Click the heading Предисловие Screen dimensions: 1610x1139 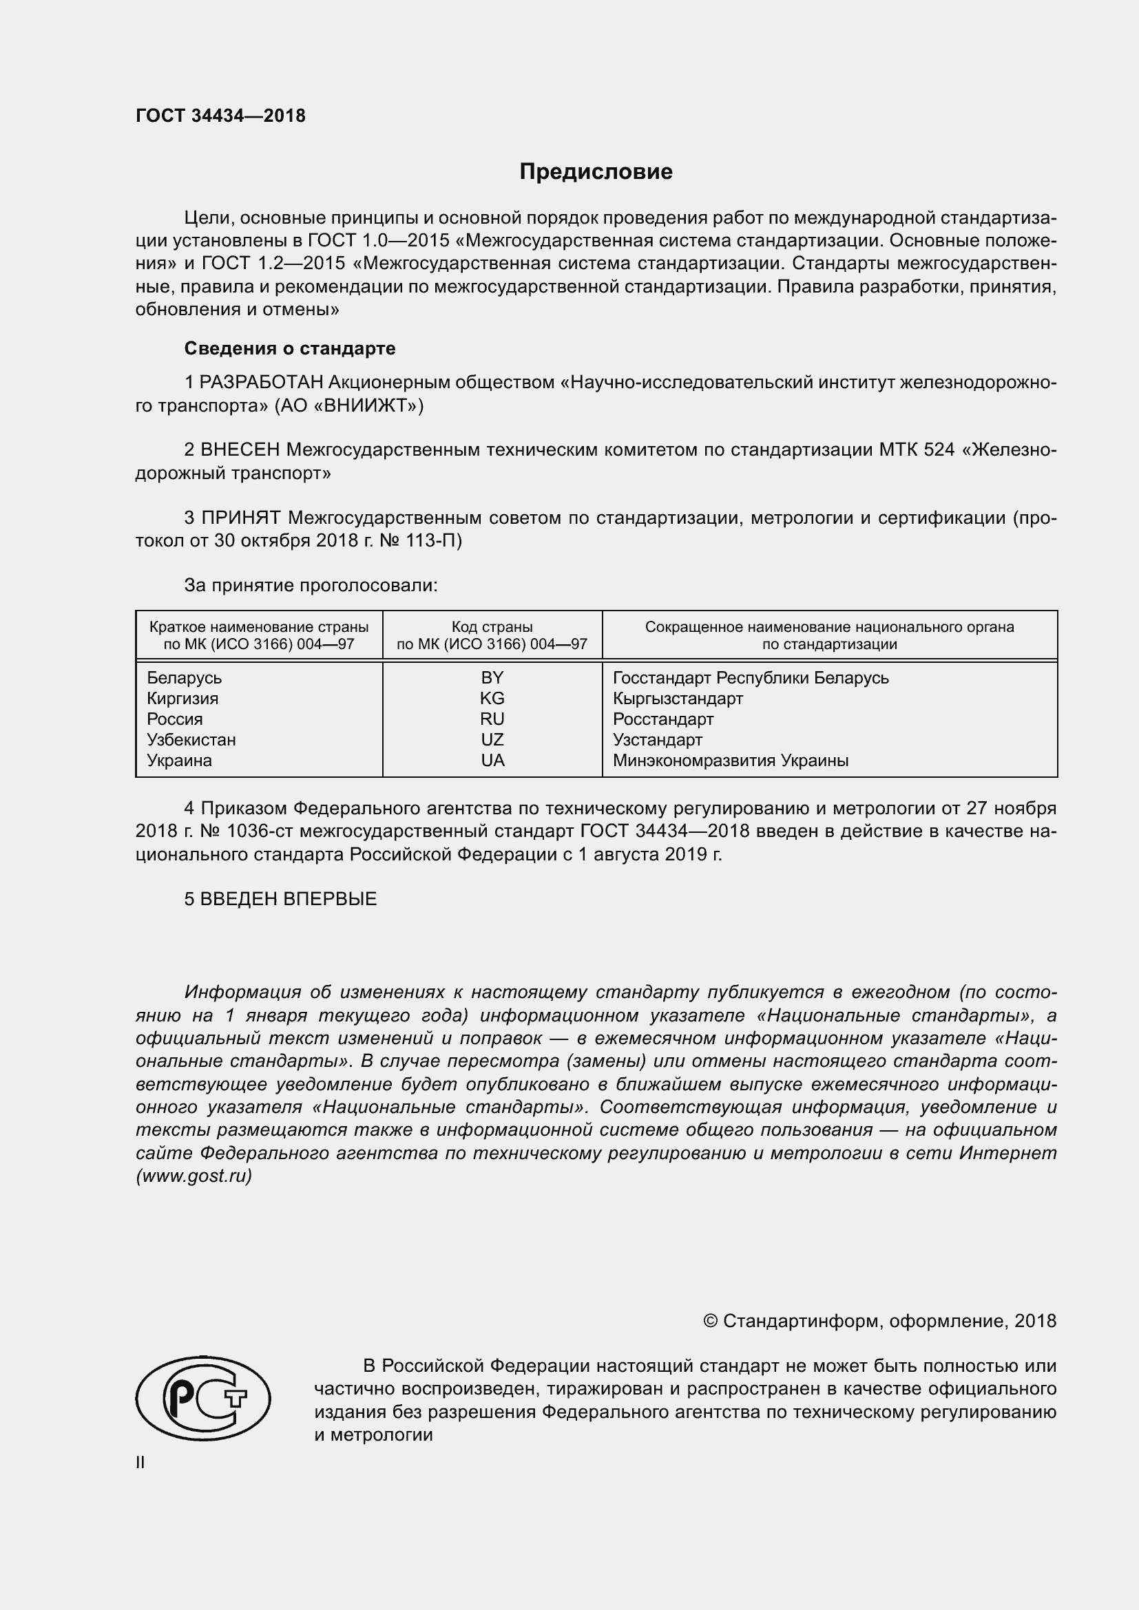(596, 172)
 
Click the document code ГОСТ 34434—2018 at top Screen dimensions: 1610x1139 (220, 116)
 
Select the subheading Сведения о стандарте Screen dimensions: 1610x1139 (290, 348)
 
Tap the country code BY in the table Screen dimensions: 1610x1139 (492, 677)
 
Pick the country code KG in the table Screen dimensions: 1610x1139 (492, 699)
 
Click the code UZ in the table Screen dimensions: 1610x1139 (492, 740)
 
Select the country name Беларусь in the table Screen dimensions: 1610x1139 (184, 678)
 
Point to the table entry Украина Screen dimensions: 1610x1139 (179, 761)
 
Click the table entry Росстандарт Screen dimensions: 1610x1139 (662, 719)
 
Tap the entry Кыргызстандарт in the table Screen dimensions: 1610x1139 (678, 699)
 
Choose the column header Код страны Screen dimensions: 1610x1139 (492, 627)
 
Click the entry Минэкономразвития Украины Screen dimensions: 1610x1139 (730, 761)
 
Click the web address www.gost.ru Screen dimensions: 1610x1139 (194, 1176)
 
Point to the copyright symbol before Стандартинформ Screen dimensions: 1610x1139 (710, 1322)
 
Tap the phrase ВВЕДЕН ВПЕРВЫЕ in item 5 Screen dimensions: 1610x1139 (289, 899)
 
